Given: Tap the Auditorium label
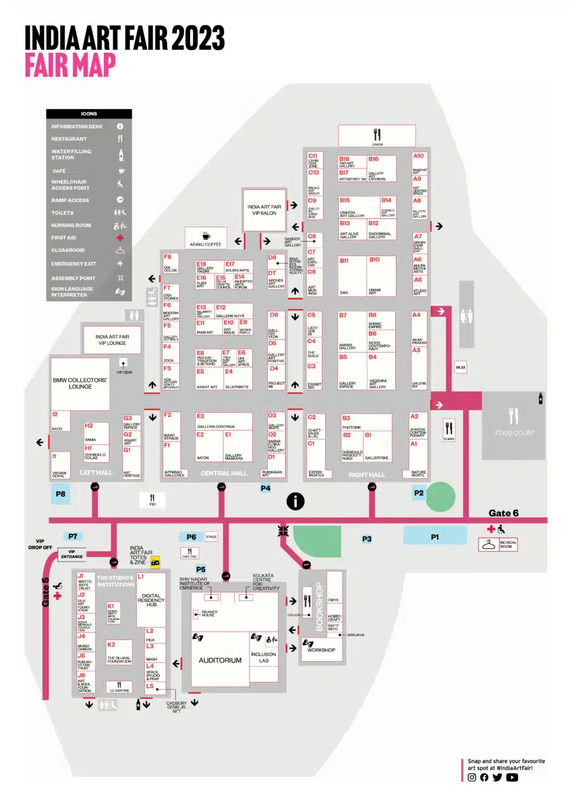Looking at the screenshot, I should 220,660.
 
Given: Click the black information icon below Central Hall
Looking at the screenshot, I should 295,501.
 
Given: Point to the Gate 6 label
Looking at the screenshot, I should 503,513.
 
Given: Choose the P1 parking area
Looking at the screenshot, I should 435,537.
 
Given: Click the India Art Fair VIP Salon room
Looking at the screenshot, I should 264,210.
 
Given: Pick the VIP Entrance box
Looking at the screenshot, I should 76,553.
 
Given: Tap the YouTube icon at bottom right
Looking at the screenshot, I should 512,778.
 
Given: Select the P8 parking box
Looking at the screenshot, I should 61,493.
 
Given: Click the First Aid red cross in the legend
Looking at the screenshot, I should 120,238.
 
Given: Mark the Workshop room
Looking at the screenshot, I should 321,650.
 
